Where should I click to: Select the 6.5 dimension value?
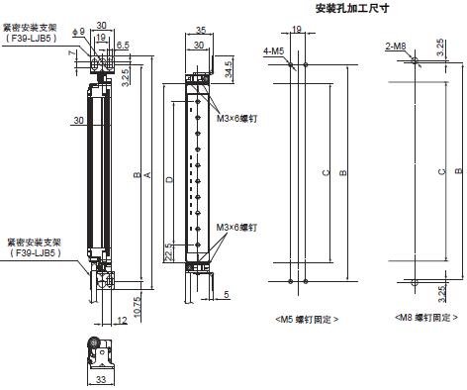tap(123, 45)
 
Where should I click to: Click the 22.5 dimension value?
tap(169, 252)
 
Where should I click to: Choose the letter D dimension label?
tap(170, 179)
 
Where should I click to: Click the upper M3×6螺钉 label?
tap(237, 119)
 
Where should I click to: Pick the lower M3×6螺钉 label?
tap(237, 229)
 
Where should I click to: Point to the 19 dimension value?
tap(102, 38)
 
